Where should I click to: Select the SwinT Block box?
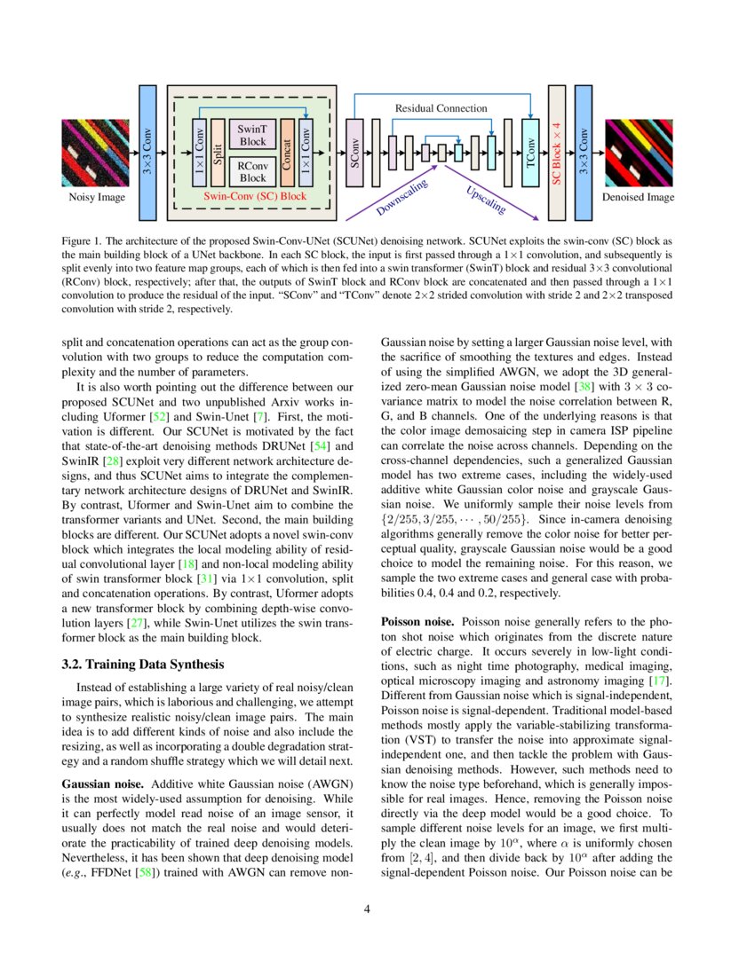pos(253,135)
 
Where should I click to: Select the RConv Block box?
pos(253,171)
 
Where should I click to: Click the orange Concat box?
pos(287,153)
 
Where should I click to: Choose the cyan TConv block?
pos(530,153)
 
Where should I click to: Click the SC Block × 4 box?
pos(557,153)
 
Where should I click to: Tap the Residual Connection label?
pos(441,108)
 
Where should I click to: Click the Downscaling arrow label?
pos(401,197)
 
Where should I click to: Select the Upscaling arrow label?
pos(486,200)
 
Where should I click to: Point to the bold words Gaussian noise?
pos(102,784)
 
